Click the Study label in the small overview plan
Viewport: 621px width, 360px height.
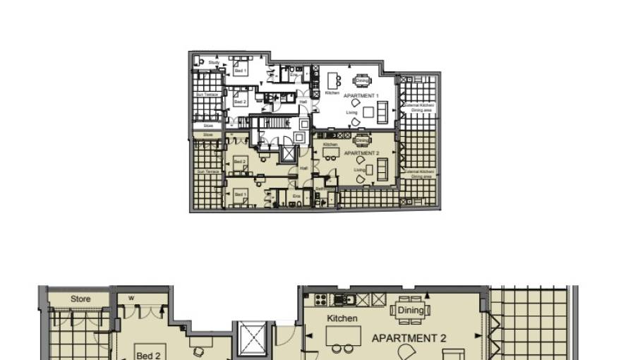pyautogui.click(x=213, y=63)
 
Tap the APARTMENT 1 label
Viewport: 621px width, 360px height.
pyautogui.click(x=361, y=96)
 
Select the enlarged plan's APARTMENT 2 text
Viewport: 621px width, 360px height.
pyautogui.click(x=409, y=338)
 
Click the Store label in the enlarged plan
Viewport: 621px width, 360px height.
pyautogui.click(x=80, y=299)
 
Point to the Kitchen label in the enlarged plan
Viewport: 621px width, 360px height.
pyautogui.click(x=342, y=318)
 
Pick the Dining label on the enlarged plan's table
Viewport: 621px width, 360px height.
pyautogui.click(x=411, y=310)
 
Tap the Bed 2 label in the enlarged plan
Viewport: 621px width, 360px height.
pyautogui.click(x=148, y=356)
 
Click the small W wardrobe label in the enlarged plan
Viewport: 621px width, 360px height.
pyautogui.click(x=131, y=298)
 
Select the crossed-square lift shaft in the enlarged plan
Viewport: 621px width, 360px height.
pyautogui.click(x=251, y=338)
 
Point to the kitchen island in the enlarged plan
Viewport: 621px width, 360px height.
pyautogui.click(x=343, y=335)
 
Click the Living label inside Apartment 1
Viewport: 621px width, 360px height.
pyautogui.click(x=351, y=112)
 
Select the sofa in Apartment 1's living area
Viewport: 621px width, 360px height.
pyautogui.click(x=382, y=112)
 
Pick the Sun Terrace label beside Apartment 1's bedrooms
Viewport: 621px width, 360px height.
pyautogui.click(x=207, y=95)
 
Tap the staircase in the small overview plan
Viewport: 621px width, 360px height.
pyautogui.click(x=271, y=124)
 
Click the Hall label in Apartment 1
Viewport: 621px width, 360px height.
pyautogui.click(x=303, y=102)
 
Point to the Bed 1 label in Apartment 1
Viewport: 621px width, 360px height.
pyautogui.click(x=240, y=71)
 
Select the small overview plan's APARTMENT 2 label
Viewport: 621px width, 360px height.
pyautogui.click(x=361, y=153)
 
